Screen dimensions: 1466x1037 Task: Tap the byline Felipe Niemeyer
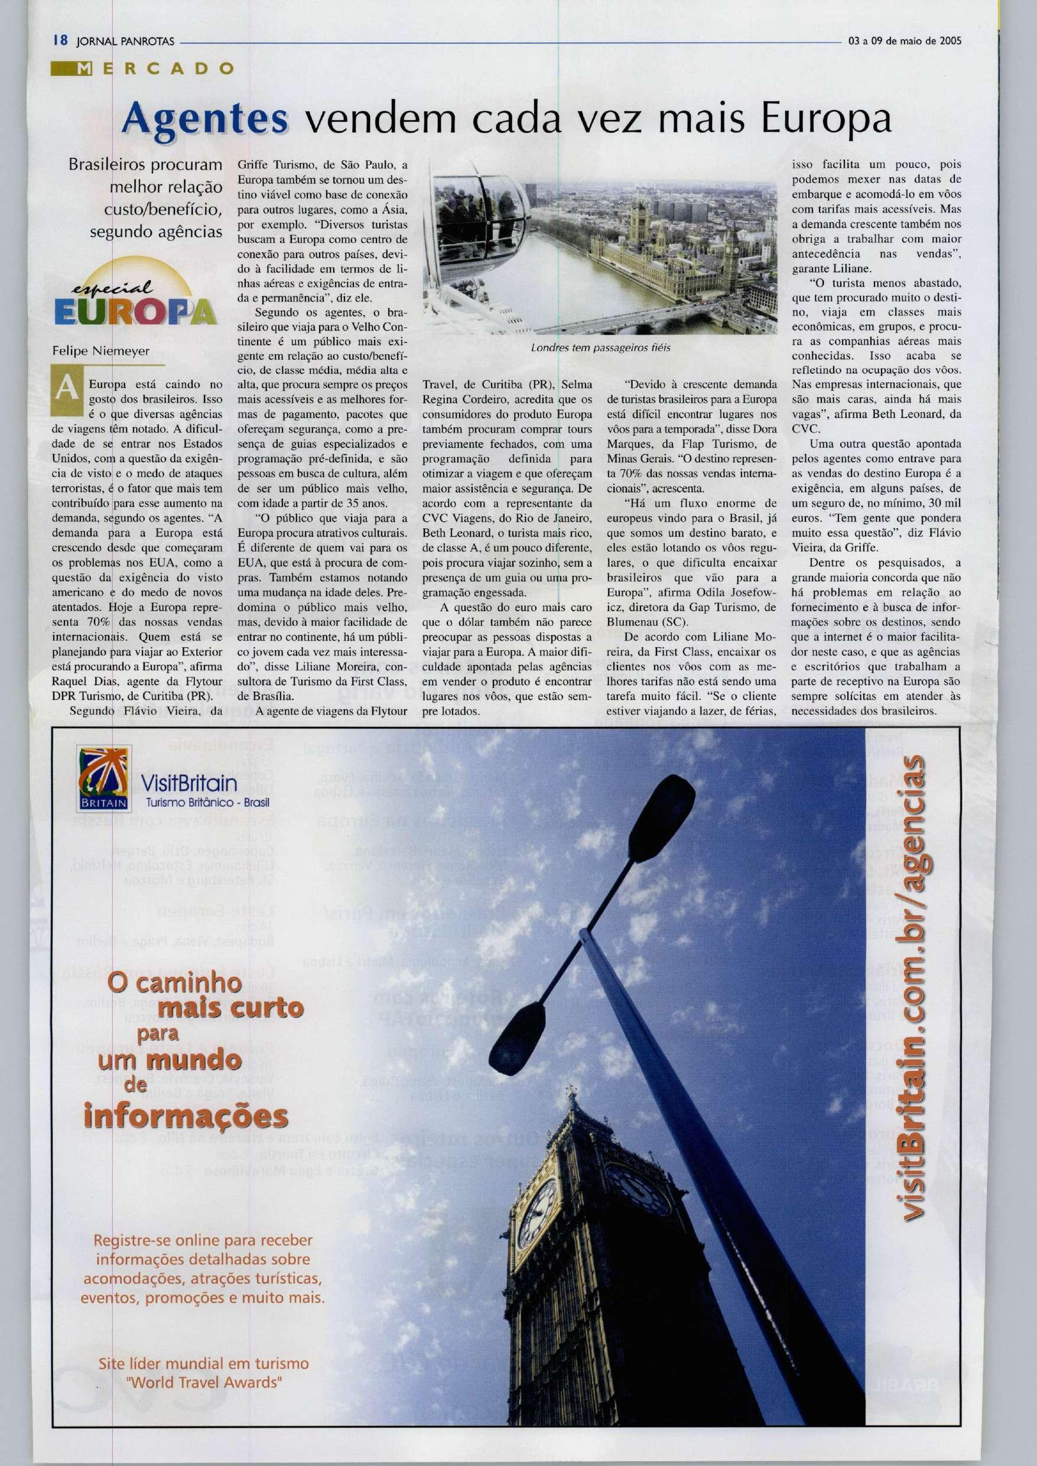point(100,351)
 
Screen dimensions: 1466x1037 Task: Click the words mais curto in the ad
point(230,1007)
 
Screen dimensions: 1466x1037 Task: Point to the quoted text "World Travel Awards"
point(204,1379)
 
